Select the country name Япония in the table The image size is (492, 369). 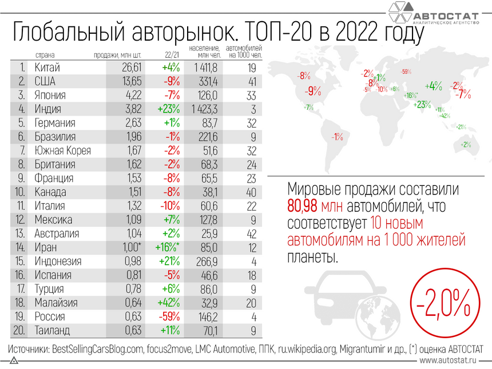[x=50, y=95]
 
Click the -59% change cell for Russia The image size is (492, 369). [x=170, y=316]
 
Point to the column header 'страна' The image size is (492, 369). [x=45, y=55]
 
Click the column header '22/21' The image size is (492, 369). [x=171, y=55]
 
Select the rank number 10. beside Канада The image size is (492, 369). [x=21, y=192]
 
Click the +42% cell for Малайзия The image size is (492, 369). [x=170, y=303]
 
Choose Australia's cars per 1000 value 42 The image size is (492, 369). [x=249, y=233]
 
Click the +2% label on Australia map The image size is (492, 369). [x=466, y=145]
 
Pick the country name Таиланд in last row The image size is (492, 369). [x=52, y=330]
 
